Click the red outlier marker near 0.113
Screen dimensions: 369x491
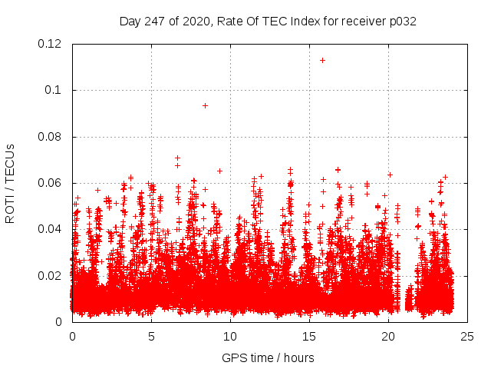coord(323,60)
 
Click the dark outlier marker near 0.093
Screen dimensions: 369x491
coord(205,105)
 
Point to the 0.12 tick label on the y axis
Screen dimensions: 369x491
coord(50,44)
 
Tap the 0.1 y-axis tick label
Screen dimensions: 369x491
coord(54,90)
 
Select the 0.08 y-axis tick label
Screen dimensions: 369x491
coord(50,137)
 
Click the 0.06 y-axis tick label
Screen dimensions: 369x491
coord(50,183)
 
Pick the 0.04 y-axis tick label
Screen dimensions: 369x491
coord(50,229)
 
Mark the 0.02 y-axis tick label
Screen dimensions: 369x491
coord(50,275)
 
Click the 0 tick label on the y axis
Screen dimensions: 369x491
coord(60,322)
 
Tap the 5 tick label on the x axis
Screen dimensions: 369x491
coord(151,336)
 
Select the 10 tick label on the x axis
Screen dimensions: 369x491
coord(230,336)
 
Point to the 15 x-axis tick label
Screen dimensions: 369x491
coord(309,336)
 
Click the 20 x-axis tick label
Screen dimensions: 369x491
coord(388,336)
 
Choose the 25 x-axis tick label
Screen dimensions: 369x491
coord(467,336)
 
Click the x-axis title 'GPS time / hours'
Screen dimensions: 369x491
coord(268,357)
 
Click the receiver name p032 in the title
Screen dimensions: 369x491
coord(402,21)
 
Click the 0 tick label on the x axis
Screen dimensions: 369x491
coord(72,336)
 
